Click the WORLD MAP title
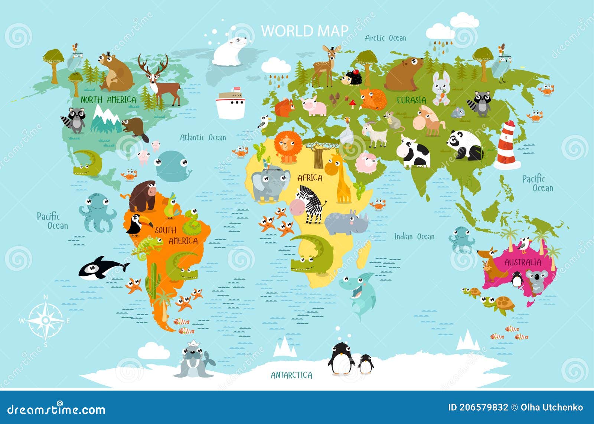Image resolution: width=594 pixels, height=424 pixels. (305, 31)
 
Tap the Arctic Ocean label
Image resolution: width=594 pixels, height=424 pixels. (385, 38)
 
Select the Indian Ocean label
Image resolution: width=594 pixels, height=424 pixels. (414, 237)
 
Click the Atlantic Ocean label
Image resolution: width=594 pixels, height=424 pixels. (203, 138)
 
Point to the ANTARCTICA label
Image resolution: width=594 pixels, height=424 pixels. (291, 375)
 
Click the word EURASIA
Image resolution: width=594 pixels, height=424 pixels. (411, 100)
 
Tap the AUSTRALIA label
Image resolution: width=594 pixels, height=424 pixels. (522, 262)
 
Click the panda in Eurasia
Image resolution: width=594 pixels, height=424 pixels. (464, 145)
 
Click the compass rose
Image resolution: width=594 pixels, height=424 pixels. (45, 320)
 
